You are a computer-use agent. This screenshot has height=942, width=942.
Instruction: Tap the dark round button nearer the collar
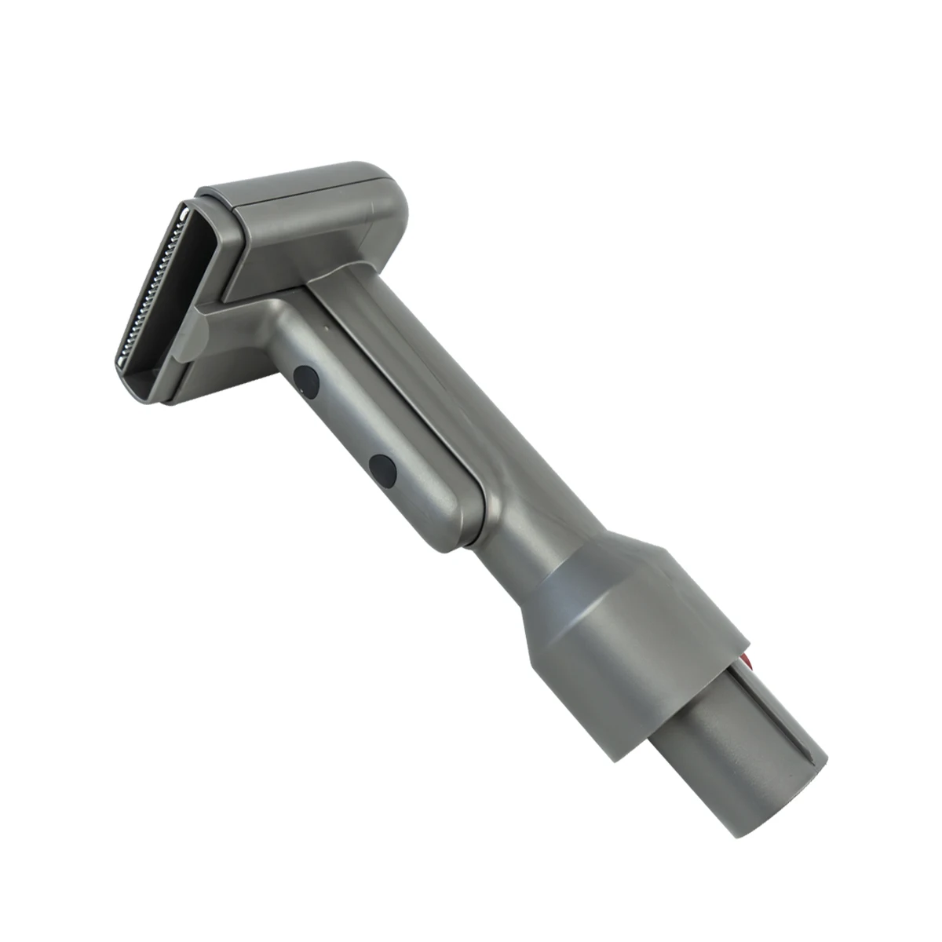tap(383, 469)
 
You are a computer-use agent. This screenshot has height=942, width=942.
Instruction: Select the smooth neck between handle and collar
tap(534, 502)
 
